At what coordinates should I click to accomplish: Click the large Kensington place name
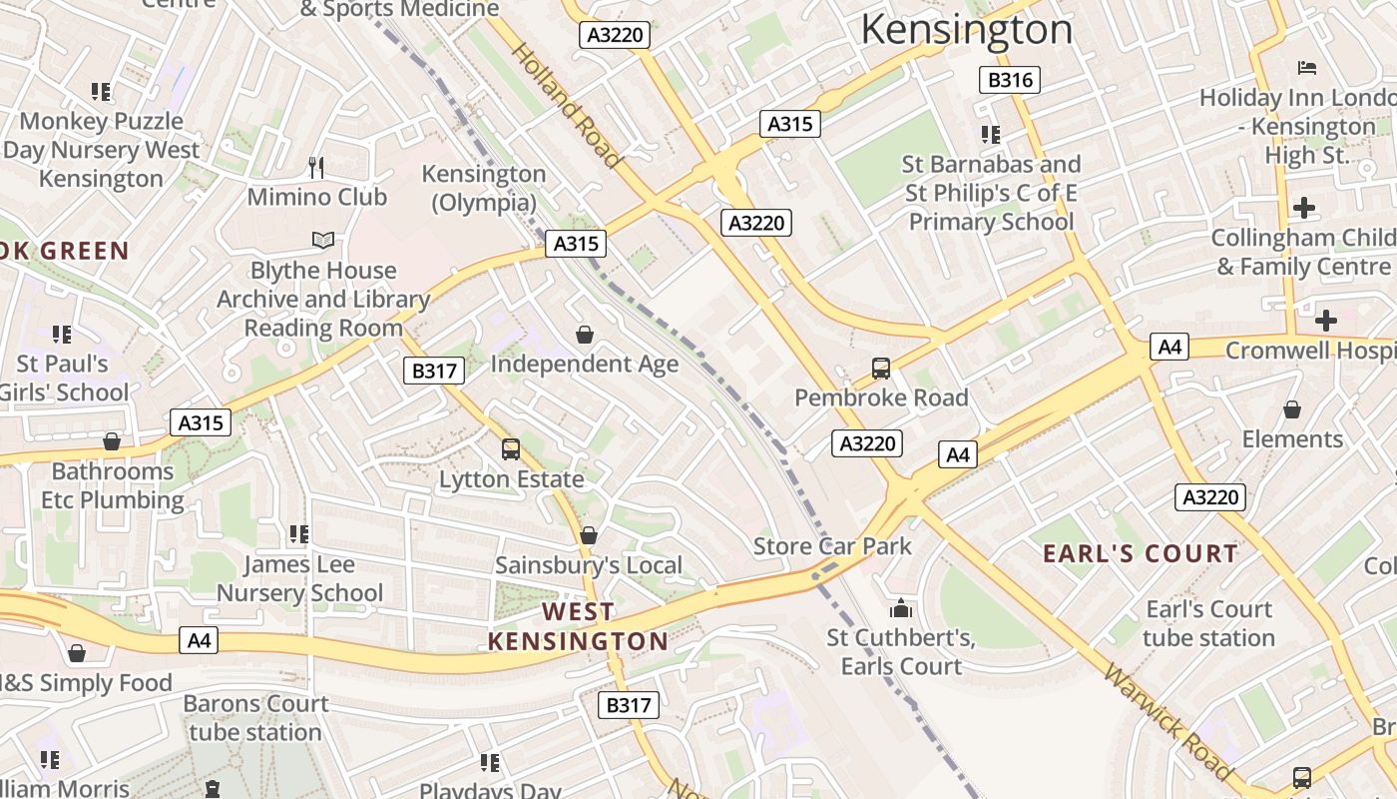(x=966, y=29)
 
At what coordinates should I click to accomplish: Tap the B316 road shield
(x=1009, y=80)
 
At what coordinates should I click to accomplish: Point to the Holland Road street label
(x=566, y=104)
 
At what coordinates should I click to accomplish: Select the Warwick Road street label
(x=1165, y=721)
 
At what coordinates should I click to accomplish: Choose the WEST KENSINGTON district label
(x=578, y=626)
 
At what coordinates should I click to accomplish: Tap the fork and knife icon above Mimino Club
(x=317, y=167)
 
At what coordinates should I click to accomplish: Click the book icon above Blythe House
(x=322, y=241)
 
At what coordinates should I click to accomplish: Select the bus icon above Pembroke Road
(x=881, y=369)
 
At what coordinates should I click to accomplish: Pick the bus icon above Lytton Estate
(x=511, y=449)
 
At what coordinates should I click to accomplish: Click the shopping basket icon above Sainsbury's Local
(x=589, y=536)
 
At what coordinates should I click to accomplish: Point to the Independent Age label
(x=584, y=365)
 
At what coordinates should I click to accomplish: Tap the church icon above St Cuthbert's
(x=900, y=608)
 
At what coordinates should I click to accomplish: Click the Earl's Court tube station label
(x=1209, y=623)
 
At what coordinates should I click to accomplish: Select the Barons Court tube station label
(x=255, y=718)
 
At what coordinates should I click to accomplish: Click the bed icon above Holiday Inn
(x=1307, y=68)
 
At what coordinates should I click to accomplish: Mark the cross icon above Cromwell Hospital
(x=1325, y=321)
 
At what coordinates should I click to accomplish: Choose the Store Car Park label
(x=832, y=546)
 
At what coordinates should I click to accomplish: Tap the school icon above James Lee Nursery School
(x=298, y=535)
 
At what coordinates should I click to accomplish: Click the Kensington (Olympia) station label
(x=484, y=188)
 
